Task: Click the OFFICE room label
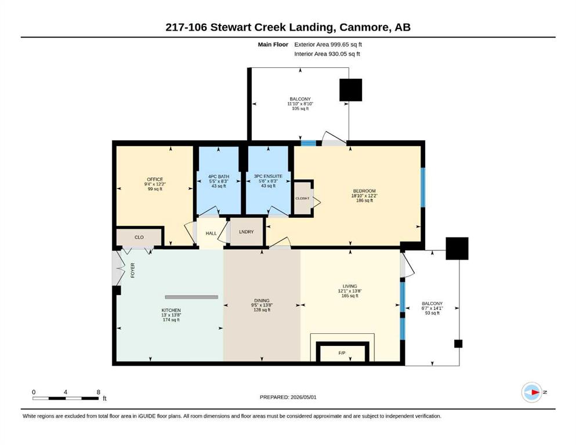[155, 180]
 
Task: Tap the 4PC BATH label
[219, 177]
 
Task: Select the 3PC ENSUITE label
[268, 176]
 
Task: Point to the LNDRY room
[246, 232]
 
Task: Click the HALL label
[211, 234]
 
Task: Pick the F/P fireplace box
[342, 352]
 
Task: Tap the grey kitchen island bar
[191, 297]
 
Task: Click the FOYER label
[133, 271]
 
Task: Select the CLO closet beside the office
[139, 237]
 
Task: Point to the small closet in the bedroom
[303, 198]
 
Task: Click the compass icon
[532, 392]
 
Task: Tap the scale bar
[66, 398]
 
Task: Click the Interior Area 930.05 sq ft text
[327, 54]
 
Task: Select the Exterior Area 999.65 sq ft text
[328, 45]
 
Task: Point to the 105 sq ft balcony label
[300, 108]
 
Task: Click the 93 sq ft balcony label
[432, 313]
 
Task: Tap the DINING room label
[262, 301]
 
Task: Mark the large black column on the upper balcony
[350, 90]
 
